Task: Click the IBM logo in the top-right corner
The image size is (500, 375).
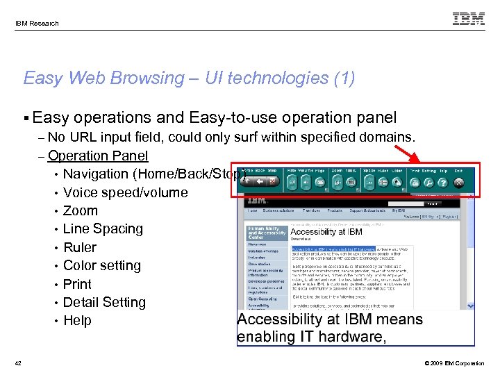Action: [469, 19]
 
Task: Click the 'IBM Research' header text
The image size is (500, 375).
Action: [37, 23]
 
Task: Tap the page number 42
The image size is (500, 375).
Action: [18, 363]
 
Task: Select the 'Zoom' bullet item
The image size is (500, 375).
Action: [80, 210]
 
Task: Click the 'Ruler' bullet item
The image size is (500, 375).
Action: [79, 247]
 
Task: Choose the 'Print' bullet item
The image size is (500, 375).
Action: [77, 284]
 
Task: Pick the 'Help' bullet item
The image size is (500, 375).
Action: [77, 320]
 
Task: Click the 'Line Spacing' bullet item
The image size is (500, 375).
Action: [103, 228]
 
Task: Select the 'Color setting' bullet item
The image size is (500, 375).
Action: [101, 265]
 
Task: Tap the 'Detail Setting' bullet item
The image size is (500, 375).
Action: [104, 302]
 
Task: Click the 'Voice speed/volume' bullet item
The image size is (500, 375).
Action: [125, 192]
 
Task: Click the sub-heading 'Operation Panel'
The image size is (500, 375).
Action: [98, 156]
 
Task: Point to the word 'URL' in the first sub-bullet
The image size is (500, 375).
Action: [83, 137]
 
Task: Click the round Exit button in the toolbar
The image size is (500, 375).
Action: [458, 183]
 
